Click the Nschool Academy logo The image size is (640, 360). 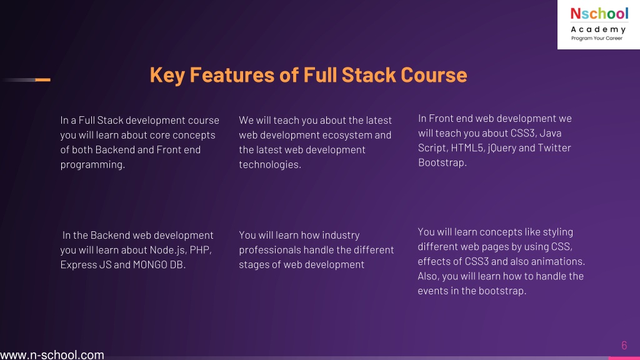[x=599, y=24]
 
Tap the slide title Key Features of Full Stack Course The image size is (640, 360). [x=308, y=75]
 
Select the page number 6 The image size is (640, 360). [x=624, y=345]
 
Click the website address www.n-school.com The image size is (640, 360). [x=52, y=355]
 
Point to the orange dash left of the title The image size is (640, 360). [x=43, y=79]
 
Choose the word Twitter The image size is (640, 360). [x=554, y=147]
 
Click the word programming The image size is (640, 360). [x=92, y=164]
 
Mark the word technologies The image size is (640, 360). [x=270, y=164]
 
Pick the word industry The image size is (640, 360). [x=341, y=235]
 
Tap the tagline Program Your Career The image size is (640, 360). [x=597, y=38]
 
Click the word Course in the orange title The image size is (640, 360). [x=434, y=75]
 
